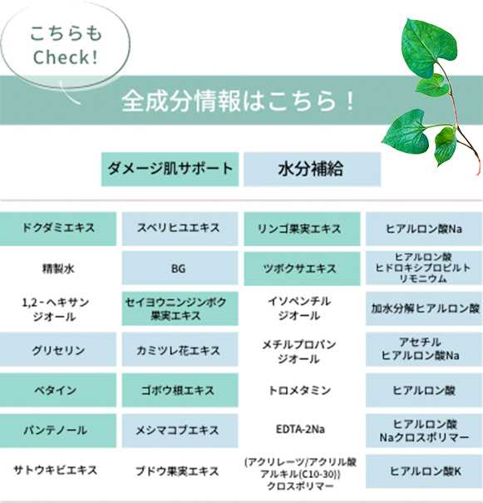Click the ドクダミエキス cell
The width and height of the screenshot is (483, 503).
(x=58, y=229)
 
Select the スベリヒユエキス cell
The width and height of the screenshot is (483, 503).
(x=180, y=229)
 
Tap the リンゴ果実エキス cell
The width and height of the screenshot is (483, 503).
(x=302, y=229)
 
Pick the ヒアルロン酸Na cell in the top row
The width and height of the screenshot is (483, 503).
(x=424, y=229)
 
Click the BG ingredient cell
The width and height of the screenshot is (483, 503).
(x=180, y=269)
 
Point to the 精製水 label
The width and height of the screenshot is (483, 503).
(x=58, y=269)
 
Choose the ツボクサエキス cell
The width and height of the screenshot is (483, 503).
(x=302, y=269)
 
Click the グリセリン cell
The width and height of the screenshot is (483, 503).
(x=58, y=349)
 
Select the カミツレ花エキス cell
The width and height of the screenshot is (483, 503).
(x=180, y=349)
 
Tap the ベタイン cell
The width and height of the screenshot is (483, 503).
(x=58, y=390)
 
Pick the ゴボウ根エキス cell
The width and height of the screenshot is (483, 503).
(x=180, y=390)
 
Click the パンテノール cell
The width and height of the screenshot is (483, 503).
(x=58, y=431)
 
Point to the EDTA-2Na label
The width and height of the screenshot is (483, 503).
(x=300, y=429)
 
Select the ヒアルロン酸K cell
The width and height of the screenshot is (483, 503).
(x=424, y=471)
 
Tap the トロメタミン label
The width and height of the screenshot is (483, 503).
(x=300, y=390)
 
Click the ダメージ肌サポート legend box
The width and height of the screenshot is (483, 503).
(x=170, y=169)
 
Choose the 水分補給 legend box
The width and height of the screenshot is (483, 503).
(x=312, y=169)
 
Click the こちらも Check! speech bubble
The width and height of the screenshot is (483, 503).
(x=65, y=45)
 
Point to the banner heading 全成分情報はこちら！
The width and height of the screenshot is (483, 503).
(x=238, y=101)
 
